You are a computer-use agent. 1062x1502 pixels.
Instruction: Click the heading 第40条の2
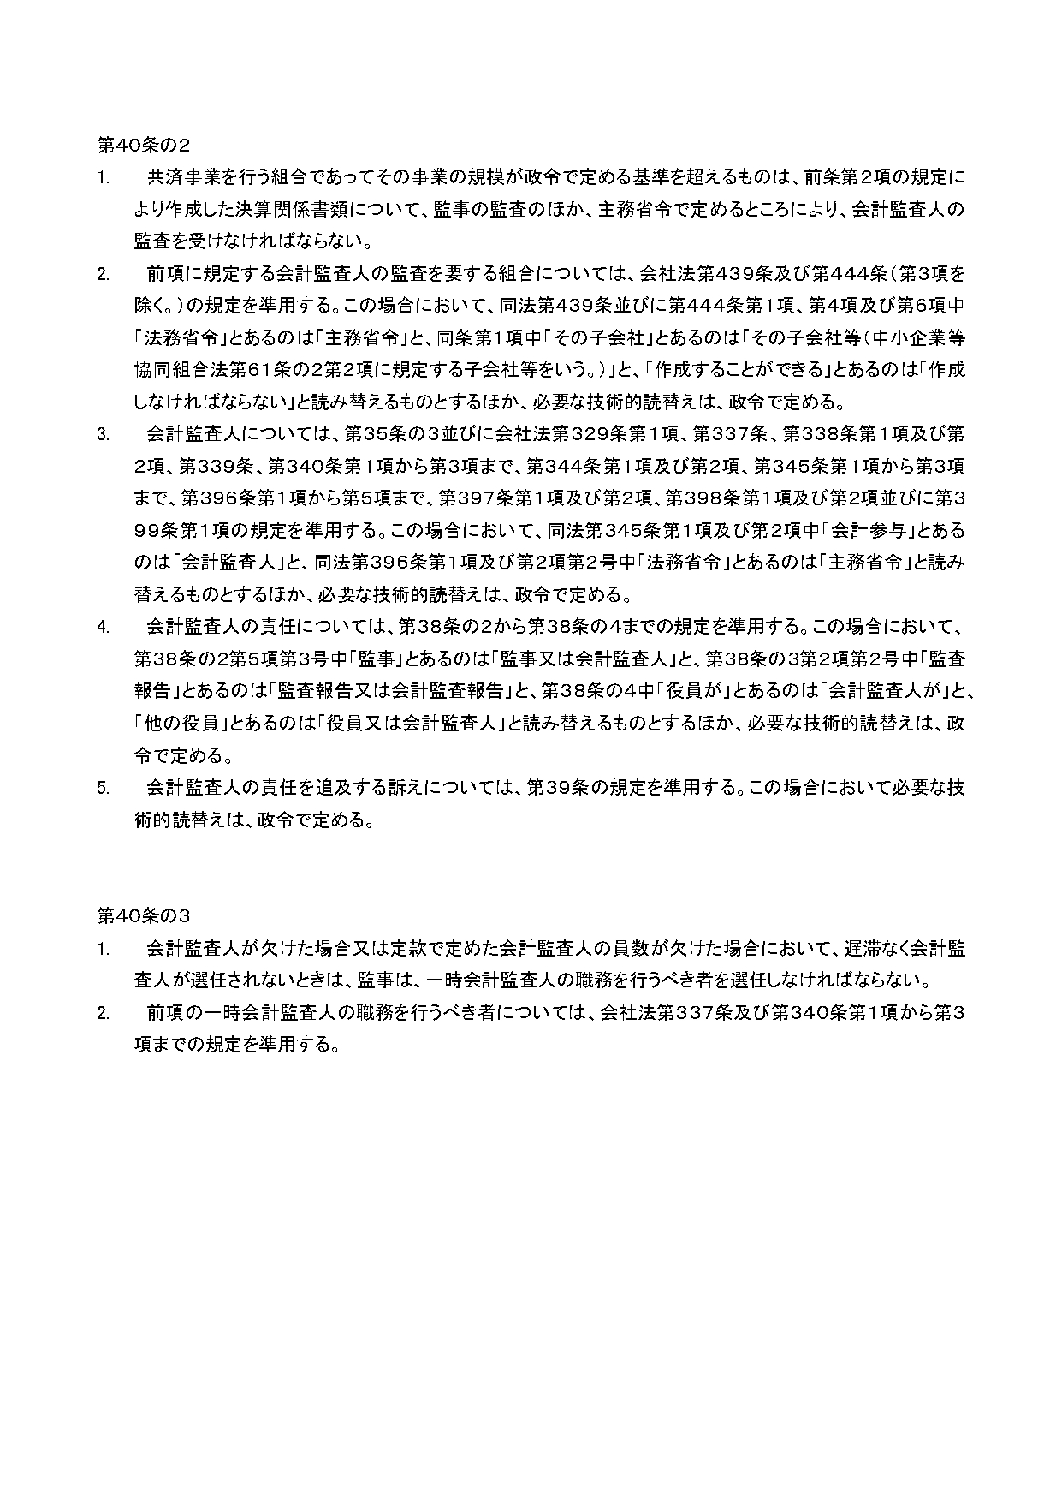pyautogui.click(x=143, y=145)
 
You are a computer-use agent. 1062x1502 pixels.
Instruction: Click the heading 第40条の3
pyautogui.click(x=143, y=916)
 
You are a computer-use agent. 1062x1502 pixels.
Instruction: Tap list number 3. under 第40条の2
pyautogui.click(x=103, y=435)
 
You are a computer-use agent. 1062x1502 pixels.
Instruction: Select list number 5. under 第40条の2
pyautogui.click(x=103, y=789)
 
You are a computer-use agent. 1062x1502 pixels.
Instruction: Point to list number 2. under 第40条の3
pyautogui.click(x=103, y=1014)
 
